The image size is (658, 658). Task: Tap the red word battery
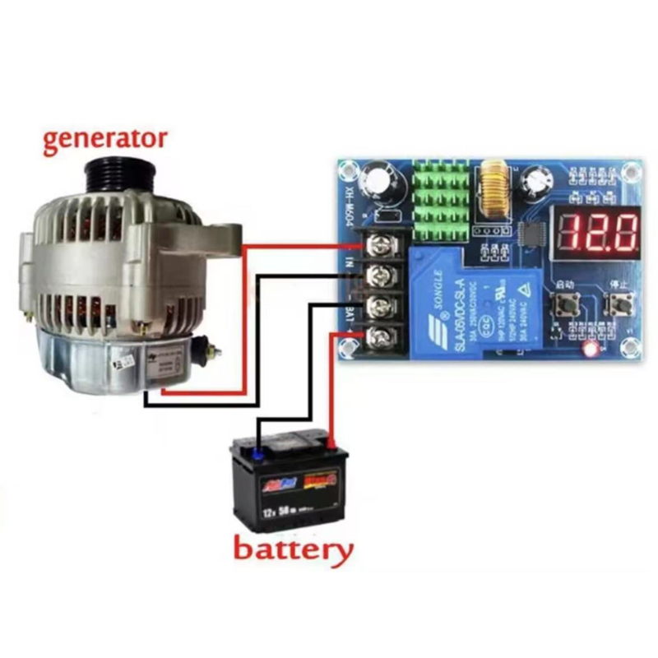coord(293,549)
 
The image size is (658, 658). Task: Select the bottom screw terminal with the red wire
coord(379,335)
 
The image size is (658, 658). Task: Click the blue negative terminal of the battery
coord(257,450)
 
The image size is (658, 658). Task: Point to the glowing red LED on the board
coord(589,349)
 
